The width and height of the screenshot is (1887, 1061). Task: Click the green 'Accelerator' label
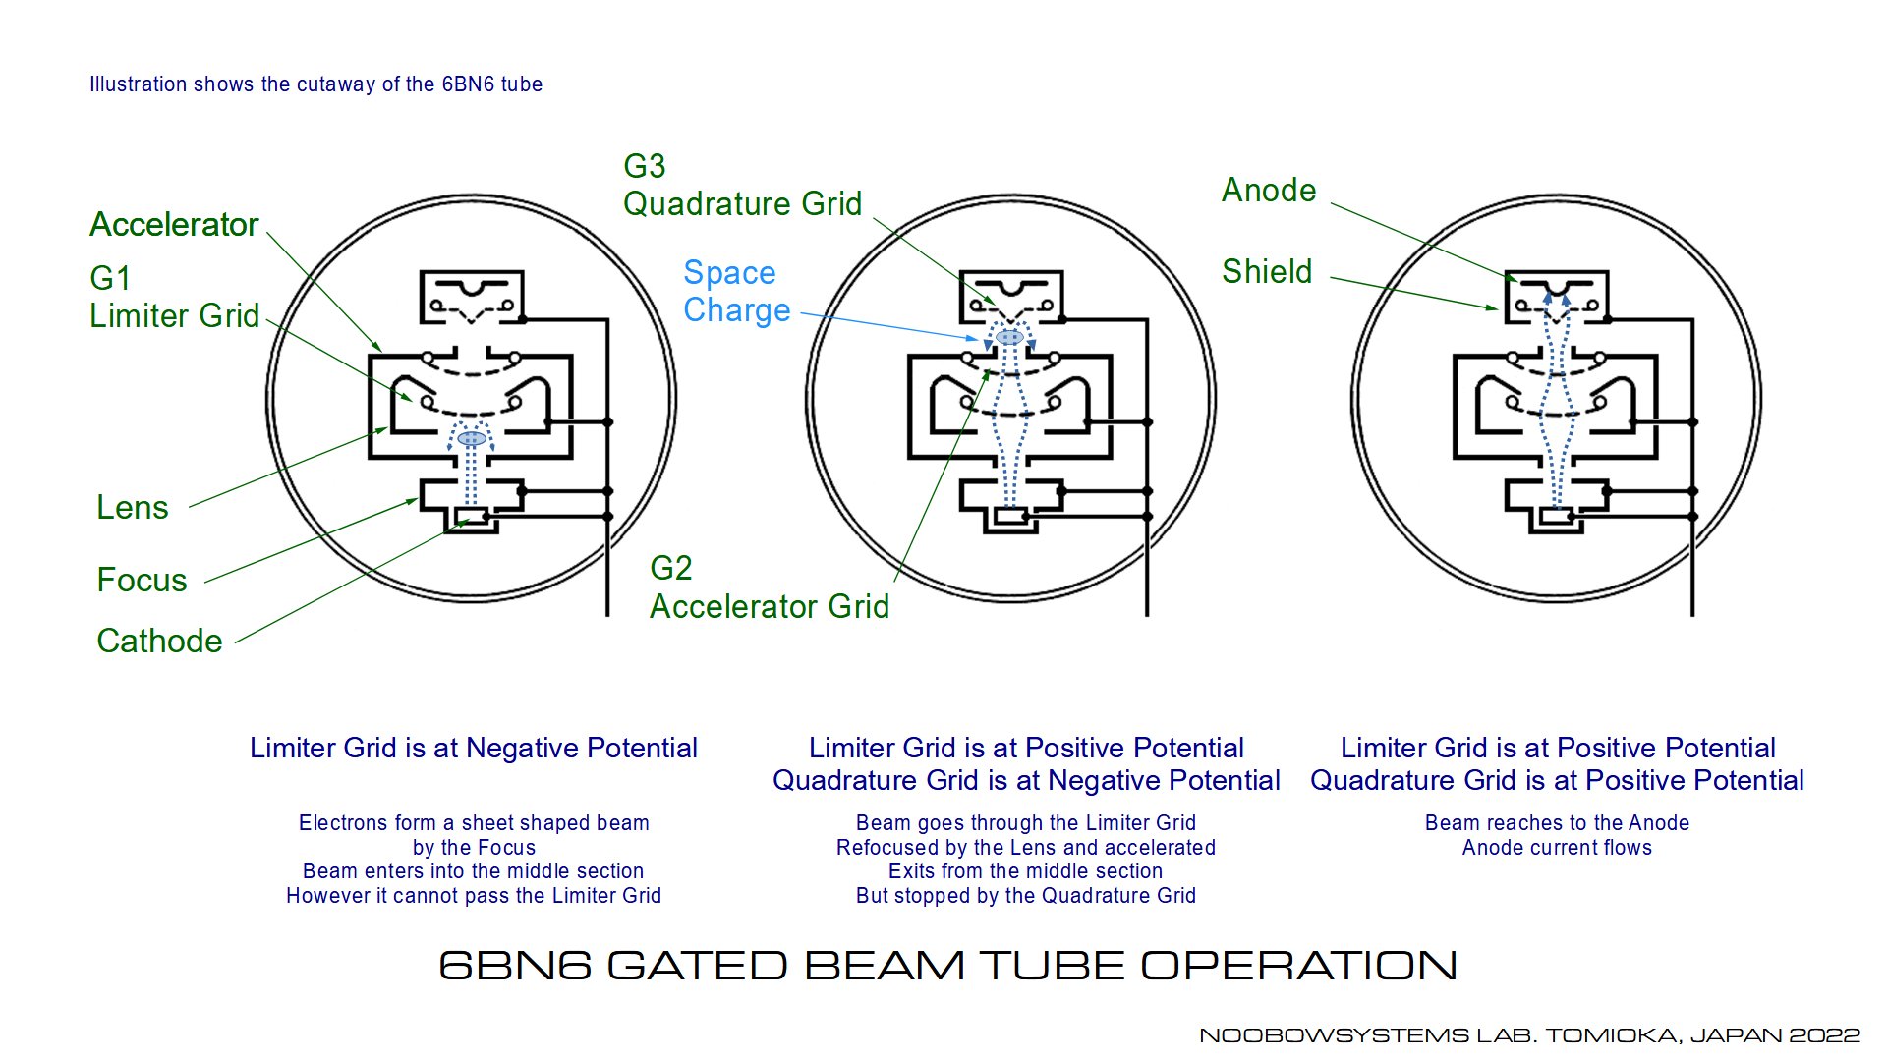pyautogui.click(x=174, y=225)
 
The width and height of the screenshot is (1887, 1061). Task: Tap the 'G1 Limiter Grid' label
pyautogui.click(x=175, y=297)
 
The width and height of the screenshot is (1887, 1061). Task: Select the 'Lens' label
pyautogui.click(x=133, y=507)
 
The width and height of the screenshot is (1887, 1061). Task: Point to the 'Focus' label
pyautogui.click(x=142, y=580)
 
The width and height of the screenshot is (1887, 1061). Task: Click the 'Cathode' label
pyautogui.click(x=159, y=641)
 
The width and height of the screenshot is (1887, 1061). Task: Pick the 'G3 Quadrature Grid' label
pyautogui.click(x=743, y=185)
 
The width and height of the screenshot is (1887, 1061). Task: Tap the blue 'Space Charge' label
pyautogui.click(x=737, y=291)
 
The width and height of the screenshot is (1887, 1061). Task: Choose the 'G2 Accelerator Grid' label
pyautogui.click(x=770, y=586)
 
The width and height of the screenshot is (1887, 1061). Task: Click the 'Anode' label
pyautogui.click(x=1269, y=190)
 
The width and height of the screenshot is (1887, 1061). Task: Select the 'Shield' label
pyautogui.click(x=1267, y=271)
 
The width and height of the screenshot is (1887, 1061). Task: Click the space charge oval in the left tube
pyautogui.click(x=472, y=438)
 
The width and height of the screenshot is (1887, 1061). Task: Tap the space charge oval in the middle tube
pyautogui.click(x=1009, y=337)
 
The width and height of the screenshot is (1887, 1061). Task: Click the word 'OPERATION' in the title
pyautogui.click(x=1298, y=966)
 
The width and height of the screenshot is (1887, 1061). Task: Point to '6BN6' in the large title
pyautogui.click(x=515, y=966)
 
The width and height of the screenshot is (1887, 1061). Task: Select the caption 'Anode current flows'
pyautogui.click(x=1557, y=847)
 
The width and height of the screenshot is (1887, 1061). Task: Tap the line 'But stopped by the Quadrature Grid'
pyautogui.click(x=1026, y=895)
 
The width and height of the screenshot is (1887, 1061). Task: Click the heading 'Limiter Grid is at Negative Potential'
pyautogui.click(x=474, y=748)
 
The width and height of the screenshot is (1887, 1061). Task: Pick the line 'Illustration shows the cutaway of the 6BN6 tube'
pyautogui.click(x=315, y=84)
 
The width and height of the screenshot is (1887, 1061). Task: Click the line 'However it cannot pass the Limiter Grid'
pyautogui.click(x=474, y=895)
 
